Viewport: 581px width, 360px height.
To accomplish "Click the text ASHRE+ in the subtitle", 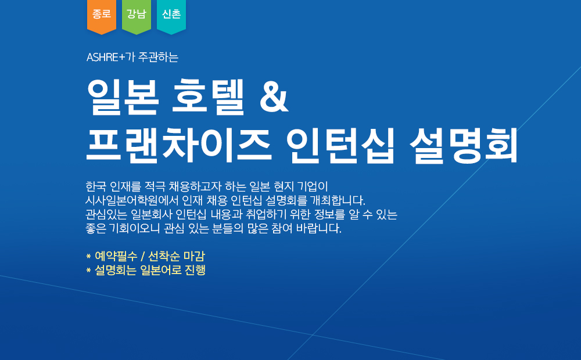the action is click(106, 57).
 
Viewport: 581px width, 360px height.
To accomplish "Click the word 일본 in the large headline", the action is click(123, 97).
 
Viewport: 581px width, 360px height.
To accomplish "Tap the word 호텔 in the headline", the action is click(208, 97).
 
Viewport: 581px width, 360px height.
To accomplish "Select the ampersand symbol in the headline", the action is click(274, 98).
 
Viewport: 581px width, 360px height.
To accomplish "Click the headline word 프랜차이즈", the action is click(178, 146).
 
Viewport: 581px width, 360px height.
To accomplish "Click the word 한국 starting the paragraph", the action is click(96, 186).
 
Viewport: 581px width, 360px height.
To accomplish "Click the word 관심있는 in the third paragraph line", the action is click(106, 214).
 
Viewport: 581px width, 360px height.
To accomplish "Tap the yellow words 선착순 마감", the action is click(177, 256).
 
